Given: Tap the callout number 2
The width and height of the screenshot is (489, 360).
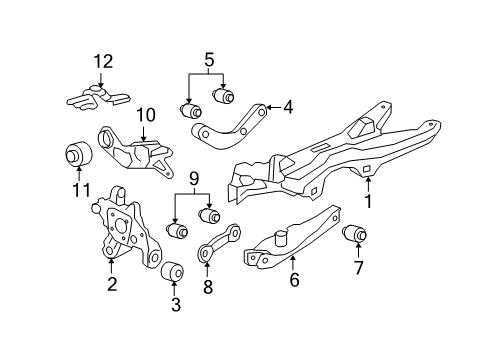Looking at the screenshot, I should [x=112, y=285].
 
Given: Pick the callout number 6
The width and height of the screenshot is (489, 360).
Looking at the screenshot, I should [x=293, y=282].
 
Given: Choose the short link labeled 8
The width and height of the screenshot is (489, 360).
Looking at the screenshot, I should [x=221, y=242].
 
